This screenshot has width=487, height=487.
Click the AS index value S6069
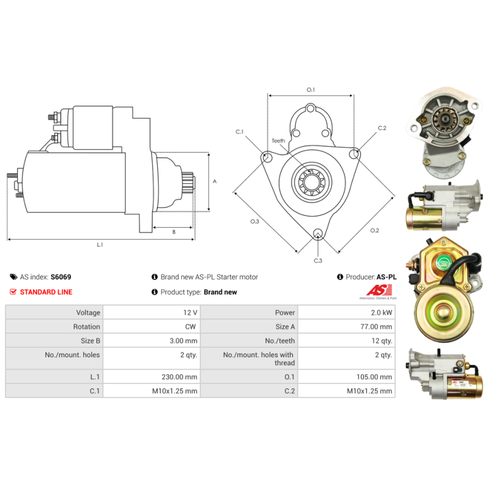[x=61, y=277]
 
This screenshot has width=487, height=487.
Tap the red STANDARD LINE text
[x=46, y=292]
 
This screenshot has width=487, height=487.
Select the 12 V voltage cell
[x=152, y=312]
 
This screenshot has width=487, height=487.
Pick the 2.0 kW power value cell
[x=346, y=312]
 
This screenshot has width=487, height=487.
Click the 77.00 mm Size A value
[x=376, y=326]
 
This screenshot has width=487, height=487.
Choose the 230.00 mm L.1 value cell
[x=152, y=376]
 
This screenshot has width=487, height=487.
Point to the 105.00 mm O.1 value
[x=374, y=377]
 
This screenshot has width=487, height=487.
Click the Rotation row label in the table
[x=86, y=326]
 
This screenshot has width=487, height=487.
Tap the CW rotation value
[x=191, y=326]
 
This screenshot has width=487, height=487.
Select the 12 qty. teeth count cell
[x=346, y=340]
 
